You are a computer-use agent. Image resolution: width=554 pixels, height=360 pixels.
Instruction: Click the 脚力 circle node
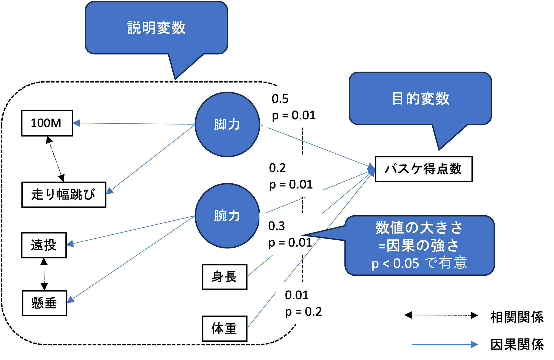click(227, 124)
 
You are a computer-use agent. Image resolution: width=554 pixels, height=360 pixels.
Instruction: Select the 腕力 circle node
click(227, 216)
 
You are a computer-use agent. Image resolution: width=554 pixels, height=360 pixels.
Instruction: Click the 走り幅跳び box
click(64, 195)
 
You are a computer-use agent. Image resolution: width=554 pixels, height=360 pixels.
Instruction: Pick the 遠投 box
click(44, 245)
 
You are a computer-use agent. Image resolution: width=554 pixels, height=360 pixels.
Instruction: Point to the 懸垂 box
click(44, 303)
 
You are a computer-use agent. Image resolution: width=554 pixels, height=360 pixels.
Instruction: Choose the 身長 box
click(225, 277)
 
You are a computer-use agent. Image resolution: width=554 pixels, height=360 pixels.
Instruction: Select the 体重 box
click(225, 328)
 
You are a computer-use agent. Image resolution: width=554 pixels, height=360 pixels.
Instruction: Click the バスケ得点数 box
click(423, 169)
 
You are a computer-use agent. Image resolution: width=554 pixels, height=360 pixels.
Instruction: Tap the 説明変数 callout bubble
click(157, 28)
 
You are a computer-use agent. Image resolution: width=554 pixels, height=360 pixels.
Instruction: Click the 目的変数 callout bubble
click(420, 99)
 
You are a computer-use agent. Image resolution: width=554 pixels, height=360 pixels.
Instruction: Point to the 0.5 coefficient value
click(280, 99)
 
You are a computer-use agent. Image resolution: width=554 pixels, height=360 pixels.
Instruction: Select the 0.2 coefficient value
click(277, 168)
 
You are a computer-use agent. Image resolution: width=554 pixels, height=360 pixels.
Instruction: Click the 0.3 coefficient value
click(277, 226)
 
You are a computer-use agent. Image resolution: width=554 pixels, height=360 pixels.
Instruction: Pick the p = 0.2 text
click(304, 312)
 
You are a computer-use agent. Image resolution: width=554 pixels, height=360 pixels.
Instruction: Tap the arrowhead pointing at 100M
click(76, 123)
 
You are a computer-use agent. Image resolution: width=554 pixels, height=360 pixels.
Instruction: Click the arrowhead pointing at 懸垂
click(70, 300)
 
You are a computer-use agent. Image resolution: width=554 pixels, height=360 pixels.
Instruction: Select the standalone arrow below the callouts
click(445, 344)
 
